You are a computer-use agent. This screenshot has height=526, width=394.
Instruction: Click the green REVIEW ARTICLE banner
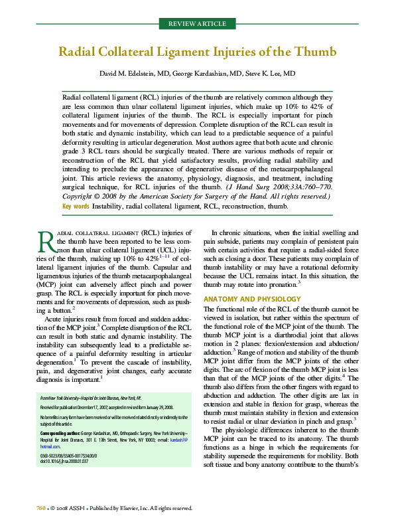197,25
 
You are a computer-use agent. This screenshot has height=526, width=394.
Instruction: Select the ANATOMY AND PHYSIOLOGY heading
247,299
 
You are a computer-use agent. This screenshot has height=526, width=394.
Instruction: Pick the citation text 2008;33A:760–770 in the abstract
303,187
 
